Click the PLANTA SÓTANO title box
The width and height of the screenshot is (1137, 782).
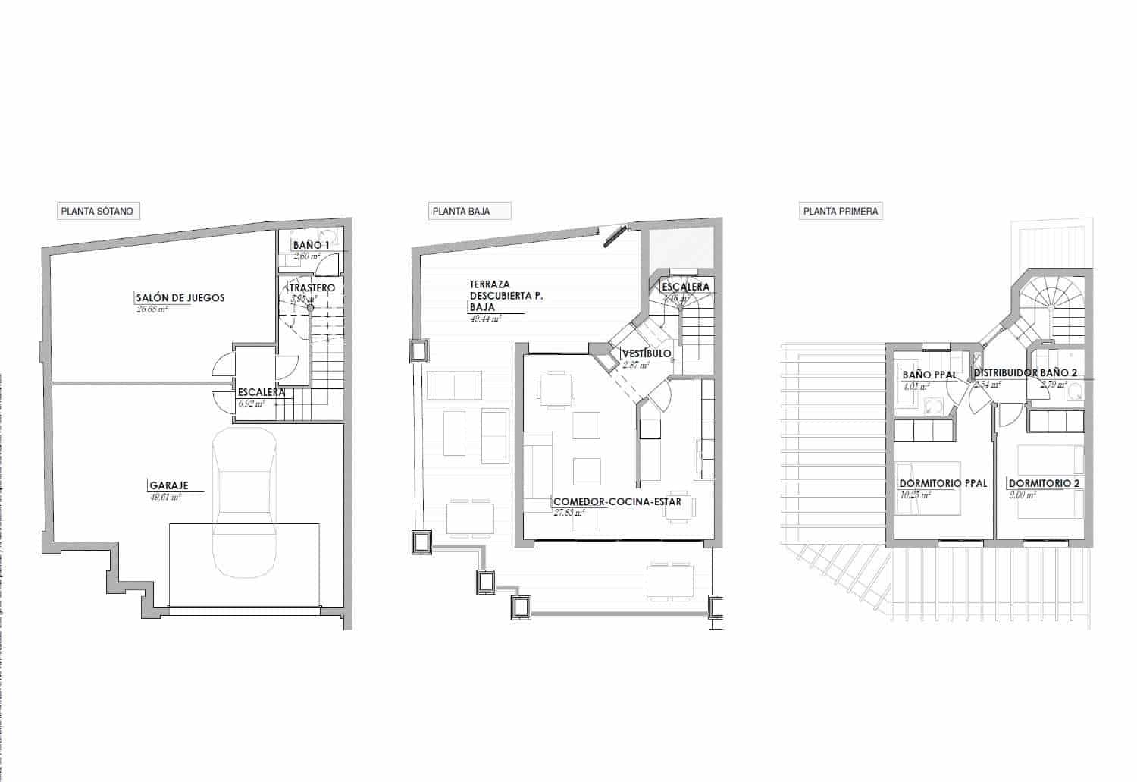click(x=99, y=211)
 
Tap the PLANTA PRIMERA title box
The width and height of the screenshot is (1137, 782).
click(x=841, y=211)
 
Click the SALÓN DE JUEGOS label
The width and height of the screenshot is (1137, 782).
click(x=180, y=298)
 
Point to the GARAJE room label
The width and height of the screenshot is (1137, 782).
click(x=168, y=485)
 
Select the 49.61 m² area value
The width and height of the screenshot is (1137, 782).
click(x=166, y=498)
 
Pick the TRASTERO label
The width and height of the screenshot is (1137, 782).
click(x=312, y=288)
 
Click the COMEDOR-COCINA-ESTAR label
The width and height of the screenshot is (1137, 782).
click(x=617, y=501)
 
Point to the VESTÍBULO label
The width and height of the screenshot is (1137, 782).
click(x=646, y=353)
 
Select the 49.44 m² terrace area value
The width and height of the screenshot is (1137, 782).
click(x=485, y=319)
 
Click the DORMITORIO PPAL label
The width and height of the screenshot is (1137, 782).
click(x=942, y=483)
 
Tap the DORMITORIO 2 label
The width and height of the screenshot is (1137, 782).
click(x=1044, y=483)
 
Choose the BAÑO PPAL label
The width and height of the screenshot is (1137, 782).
click(x=929, y=375)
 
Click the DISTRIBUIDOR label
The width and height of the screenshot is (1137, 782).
click(x=1005, y=373)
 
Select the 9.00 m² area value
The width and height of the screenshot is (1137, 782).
click(x=1022, y=495)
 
